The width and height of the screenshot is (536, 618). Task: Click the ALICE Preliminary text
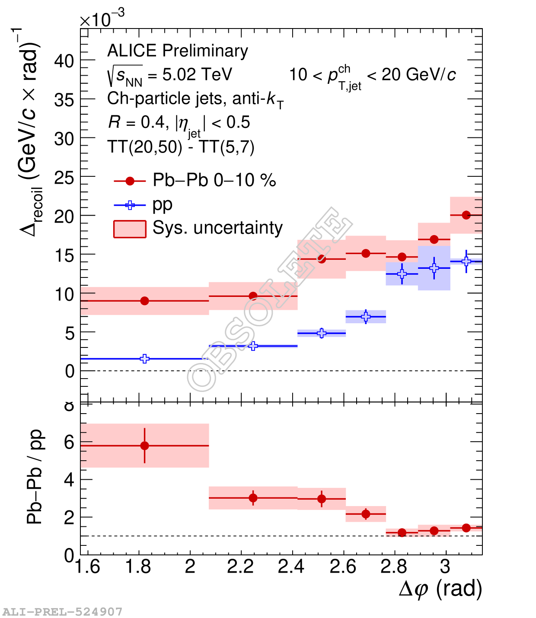[x=178, y=51]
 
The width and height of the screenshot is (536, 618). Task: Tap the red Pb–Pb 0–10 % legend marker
[x=130, y=181]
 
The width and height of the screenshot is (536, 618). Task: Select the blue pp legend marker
[x=130, y=205]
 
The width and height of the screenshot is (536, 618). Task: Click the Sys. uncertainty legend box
[x=130, y=229]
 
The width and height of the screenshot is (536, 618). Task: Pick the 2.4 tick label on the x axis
[x=291, y=567]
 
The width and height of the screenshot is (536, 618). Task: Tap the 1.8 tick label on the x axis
[x=138, y=567]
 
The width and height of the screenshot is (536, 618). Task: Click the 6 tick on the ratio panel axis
[x=69, y=442]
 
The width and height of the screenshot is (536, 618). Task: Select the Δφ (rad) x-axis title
[x=440, y=589]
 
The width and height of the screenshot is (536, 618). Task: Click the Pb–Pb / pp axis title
[x=35, y=477]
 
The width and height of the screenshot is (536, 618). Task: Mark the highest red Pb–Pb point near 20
[x=466, y=215]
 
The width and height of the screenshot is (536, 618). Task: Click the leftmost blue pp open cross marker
[x=145, y=359]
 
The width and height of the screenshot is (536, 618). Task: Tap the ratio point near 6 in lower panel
[x=145, y=446]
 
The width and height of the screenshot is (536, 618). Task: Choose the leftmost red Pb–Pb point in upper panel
[x=145, y=301]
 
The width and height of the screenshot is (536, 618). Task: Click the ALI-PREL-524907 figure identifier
[x=62, y=612]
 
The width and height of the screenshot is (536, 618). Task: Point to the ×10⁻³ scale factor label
[x=102, y=19]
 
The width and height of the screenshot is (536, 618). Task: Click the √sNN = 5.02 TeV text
[x=170, y=75]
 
